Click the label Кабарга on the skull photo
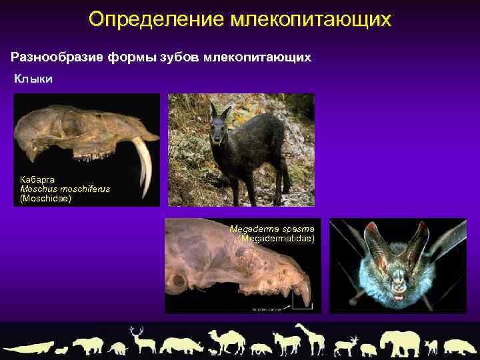tap(37, 179)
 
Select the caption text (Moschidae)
tap(45, 198)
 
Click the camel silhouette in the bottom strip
tap(227, 341)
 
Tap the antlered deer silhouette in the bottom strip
tap(142, 340)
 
